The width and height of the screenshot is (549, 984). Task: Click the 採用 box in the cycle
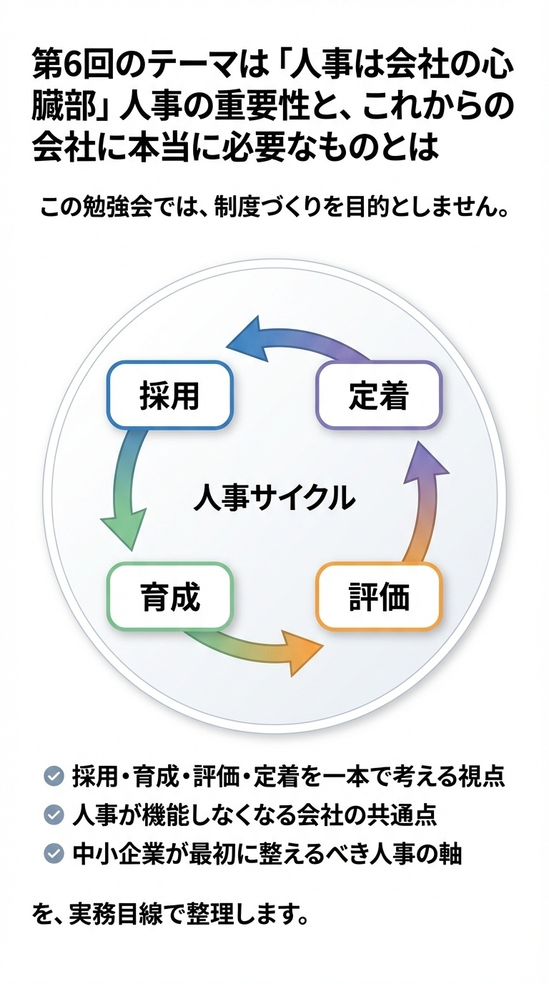tap(169, 395)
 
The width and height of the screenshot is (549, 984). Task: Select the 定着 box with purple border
tap(379, 395)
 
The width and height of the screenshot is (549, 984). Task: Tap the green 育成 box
tap(169, 596)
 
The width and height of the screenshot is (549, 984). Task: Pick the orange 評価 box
tap(379, 596)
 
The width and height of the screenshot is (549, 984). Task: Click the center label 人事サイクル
tap(274, 497)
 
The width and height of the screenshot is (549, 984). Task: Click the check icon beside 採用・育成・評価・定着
tap(53, 776)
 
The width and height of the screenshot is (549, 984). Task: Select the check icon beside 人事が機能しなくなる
tap(53, 815)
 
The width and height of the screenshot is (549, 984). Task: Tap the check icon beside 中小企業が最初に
tap(53, 853)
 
